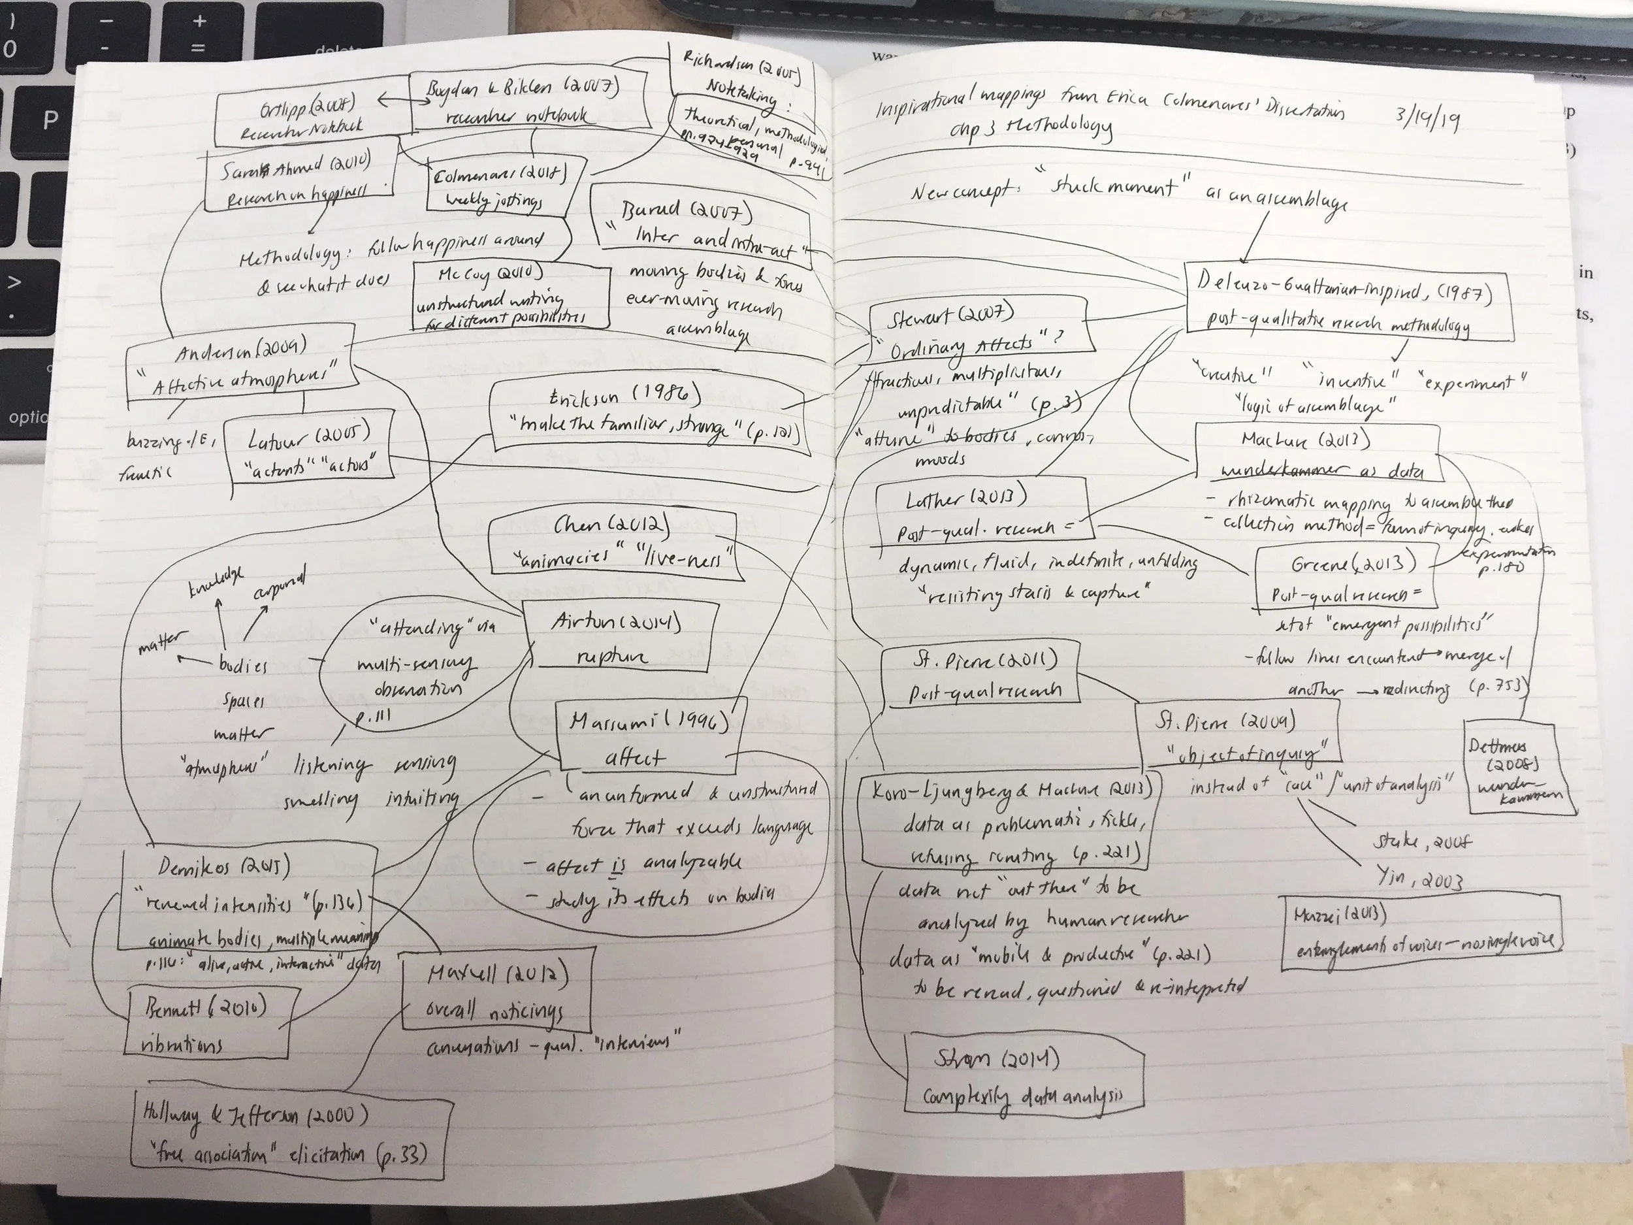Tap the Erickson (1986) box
coord(646,414)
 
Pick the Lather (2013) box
coord(982,513)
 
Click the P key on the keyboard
coord(50,120)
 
